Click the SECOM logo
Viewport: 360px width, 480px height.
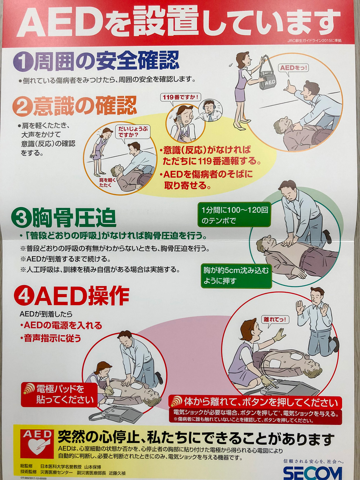(x=313, y=473)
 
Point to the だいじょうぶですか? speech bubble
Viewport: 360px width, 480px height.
(x=133, y=132)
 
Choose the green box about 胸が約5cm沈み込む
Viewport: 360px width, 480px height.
(x=236, y=276)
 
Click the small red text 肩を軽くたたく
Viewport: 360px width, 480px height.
(x=106, y=183)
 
